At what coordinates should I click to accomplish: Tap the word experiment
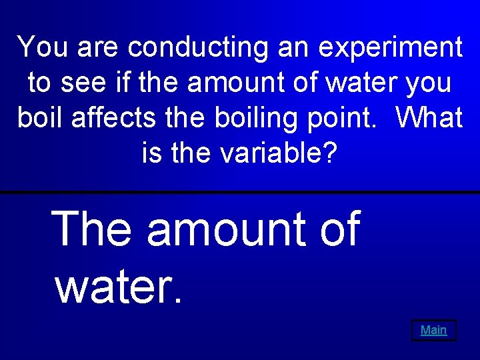click(x=391, y=49)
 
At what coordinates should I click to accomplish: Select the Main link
click(x=434, y=330)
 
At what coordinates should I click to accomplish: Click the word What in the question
click(x=429, y=118)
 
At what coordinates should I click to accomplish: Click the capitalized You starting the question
click(x=41, y=47)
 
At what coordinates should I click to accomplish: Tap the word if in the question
click(x=119, y=83)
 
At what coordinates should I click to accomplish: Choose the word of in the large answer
click(x=339, y=228)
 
